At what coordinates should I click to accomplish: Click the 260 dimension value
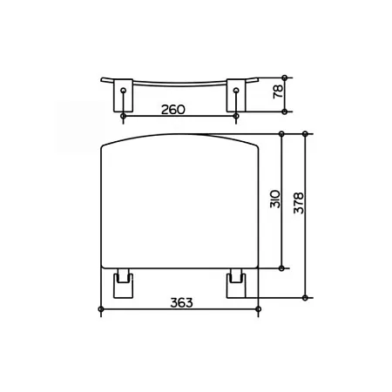[173, 110]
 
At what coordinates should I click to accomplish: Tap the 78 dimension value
[279, 91]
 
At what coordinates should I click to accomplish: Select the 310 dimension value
[275, 199]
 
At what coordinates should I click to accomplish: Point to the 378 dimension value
[298, 203]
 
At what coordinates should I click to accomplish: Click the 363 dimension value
[181, 303]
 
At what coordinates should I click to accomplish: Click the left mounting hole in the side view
[124, 90]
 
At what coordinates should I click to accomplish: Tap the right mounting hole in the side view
[236, 90]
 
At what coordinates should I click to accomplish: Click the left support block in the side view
[123, 95]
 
